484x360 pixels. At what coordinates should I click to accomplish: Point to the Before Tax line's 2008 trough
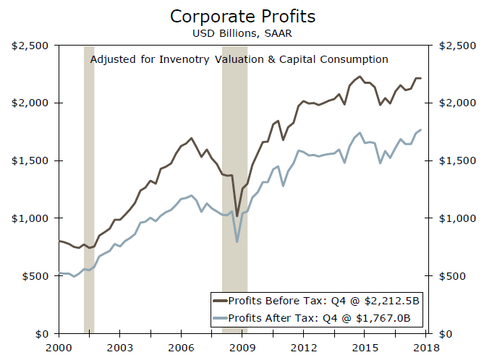pyautogui.click(x=237, y=215)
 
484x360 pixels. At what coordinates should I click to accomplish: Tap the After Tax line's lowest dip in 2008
pyautogui.click(x=237, y=241)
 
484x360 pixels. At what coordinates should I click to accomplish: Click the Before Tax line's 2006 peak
pyautogui.click(x=191, y=138)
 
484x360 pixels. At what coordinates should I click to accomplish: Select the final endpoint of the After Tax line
pyautogui.click(x=421, y=129)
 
